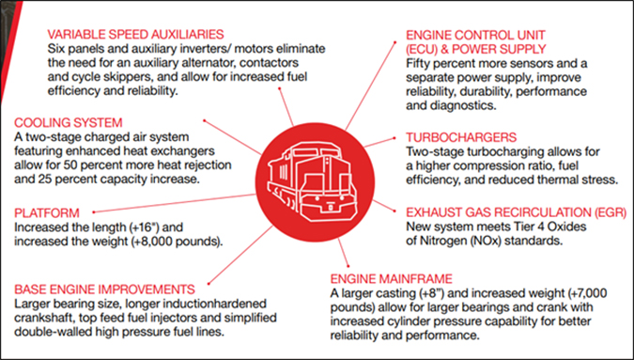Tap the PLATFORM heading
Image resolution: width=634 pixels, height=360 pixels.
46,212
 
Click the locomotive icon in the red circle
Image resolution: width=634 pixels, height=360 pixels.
317,179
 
